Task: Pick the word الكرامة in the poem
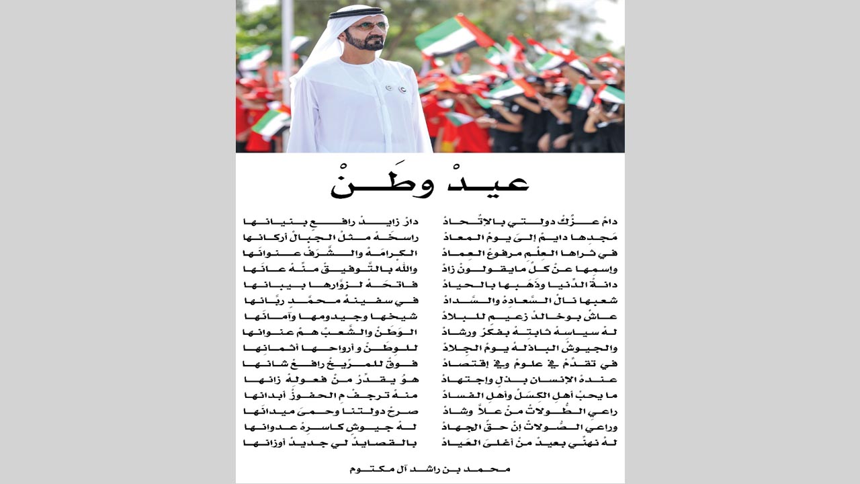pos(396,253)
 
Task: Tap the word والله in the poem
pos(406,269)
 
